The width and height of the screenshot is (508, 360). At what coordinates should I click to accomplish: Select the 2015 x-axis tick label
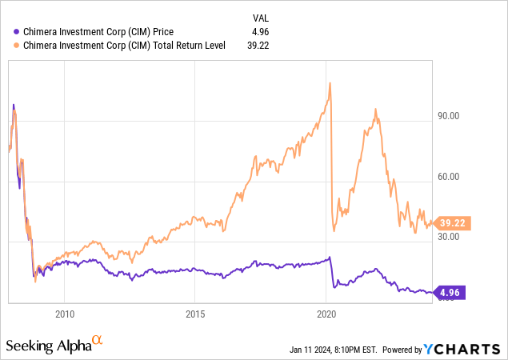pos(195,313)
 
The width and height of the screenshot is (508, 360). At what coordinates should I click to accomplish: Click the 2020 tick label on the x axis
pos(326,313)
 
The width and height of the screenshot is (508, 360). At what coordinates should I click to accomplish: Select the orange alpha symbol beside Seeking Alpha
pos(98,341)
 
